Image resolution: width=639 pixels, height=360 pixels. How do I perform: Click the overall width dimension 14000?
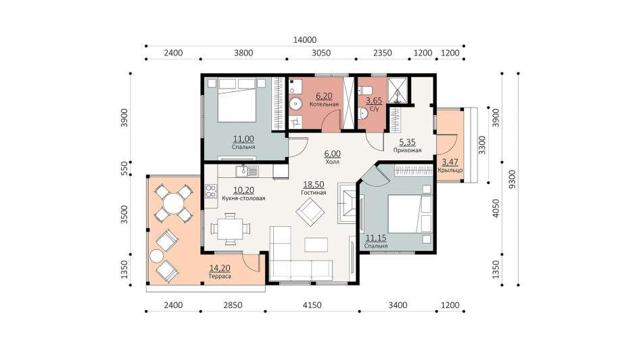coord(305,39)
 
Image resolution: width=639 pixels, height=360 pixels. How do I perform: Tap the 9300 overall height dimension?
coord(513,179)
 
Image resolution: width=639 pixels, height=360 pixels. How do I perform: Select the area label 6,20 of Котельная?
coord(324,96)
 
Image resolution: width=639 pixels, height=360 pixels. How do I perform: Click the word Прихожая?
coord(407,150)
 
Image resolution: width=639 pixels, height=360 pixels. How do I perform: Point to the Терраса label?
coord(220,276)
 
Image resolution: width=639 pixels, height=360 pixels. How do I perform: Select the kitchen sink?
coord(247,171)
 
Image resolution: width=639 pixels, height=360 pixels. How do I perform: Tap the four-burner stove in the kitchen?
coord(211,192)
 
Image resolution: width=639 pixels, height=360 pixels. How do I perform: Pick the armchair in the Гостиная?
coord(310,212)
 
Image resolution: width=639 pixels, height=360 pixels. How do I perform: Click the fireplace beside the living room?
coord(347,202)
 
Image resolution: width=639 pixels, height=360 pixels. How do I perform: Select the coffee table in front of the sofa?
coord(316,245)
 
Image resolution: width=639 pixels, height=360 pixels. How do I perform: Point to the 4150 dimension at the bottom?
coord(312,305)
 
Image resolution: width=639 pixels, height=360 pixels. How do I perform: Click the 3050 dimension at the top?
coord(321,53)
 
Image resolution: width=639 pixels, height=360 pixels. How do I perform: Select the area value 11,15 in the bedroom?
coord(376,238)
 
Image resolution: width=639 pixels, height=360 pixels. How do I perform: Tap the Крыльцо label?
coord(450,170)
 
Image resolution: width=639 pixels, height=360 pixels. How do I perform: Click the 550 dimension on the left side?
coord(124,168)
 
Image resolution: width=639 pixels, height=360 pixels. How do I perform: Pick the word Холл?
coord(332,162)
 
